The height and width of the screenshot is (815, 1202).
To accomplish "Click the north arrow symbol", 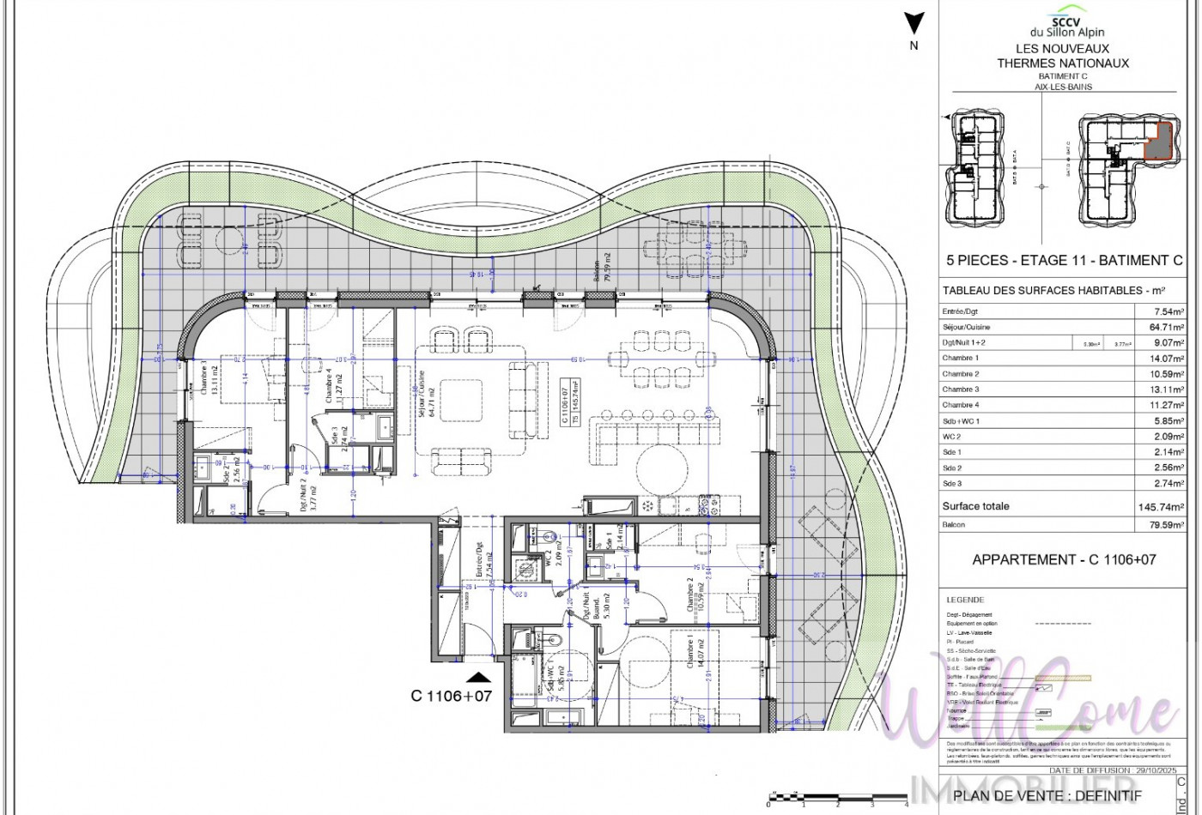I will (x=914, y=24).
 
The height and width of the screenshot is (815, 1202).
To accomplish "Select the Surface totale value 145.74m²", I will (x=1161, y=507).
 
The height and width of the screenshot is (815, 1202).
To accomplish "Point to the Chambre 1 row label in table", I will (x=960, y=358).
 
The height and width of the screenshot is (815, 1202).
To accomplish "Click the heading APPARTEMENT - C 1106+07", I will (x=1063, y=559).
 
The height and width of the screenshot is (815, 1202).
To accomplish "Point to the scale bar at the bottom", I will (x=837, y=798).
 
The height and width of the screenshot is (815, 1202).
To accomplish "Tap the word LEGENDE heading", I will (x=965, y=600).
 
